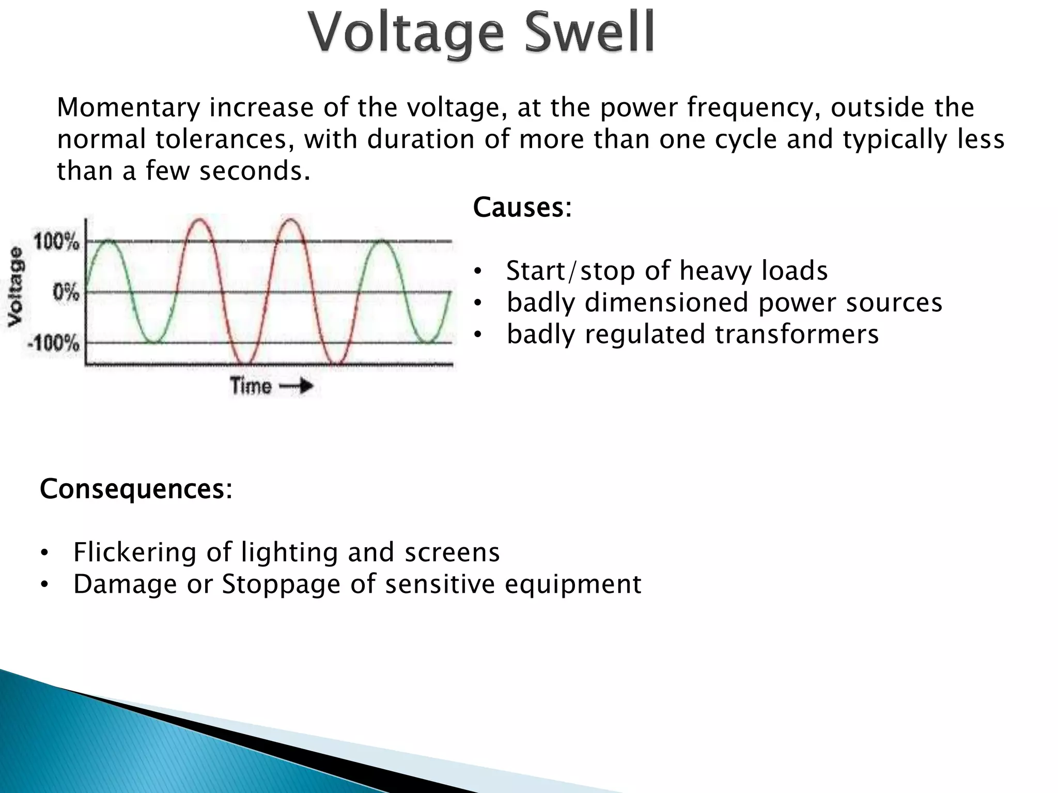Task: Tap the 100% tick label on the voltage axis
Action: [57, 241]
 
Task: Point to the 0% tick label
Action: [66, 292]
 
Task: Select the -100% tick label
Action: [54, 343]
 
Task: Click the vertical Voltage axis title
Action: [16, 286]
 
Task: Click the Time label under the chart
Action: [251, 386]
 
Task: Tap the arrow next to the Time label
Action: [297, 386]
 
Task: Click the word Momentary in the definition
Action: [129, 108]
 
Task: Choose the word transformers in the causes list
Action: [797, 334]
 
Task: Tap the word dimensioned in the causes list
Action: [667, 303]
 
